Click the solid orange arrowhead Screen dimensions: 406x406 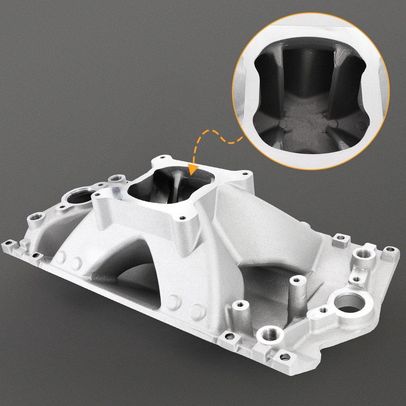point(194,170)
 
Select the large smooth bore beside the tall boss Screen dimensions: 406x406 point(349,304)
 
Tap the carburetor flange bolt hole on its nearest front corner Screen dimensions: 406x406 point(182,219)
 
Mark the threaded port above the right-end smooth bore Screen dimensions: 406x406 point(363,255)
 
